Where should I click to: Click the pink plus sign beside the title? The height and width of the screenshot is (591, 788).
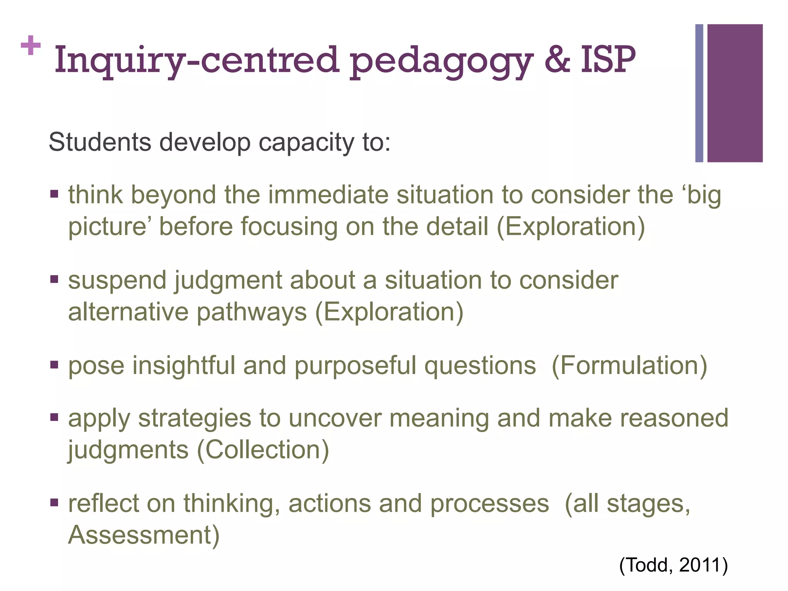31,46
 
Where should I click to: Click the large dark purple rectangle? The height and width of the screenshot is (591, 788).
735,93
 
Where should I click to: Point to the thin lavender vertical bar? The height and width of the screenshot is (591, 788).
699,93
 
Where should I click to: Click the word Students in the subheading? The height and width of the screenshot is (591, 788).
100,142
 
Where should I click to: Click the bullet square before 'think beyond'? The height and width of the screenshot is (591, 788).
54,193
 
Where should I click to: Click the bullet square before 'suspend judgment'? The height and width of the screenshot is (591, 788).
54,279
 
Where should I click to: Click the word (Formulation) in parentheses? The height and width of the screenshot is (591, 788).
629,365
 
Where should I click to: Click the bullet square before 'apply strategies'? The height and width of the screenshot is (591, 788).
54,417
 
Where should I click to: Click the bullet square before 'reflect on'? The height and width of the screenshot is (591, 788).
54,502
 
